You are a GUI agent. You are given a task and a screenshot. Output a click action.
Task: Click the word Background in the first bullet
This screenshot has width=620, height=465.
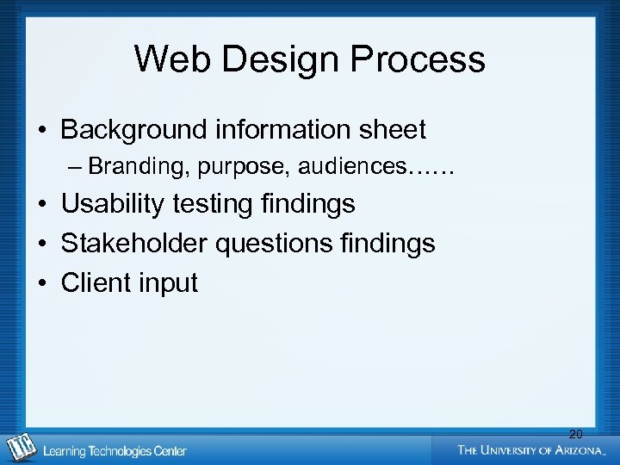(x=134, y=130)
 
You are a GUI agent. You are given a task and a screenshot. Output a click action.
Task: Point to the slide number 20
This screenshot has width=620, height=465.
(x=575, y=435)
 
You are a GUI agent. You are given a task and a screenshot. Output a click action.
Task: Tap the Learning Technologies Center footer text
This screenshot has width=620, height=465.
(x=115, y=450)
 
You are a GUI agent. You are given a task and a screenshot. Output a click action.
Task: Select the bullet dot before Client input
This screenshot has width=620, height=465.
(x=41, y=283)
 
